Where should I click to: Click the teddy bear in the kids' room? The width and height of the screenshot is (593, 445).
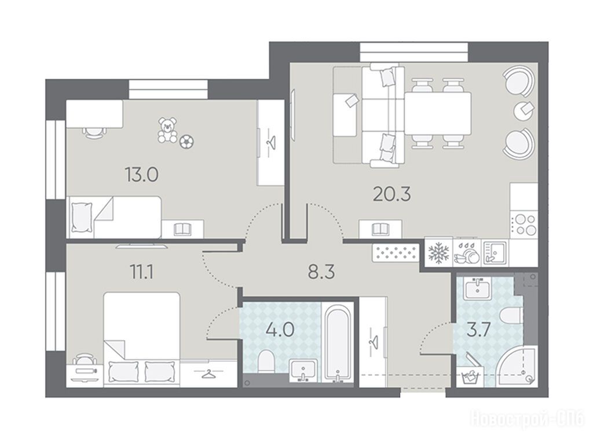click(167, 130)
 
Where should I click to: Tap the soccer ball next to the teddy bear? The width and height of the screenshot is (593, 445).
click(186, 141)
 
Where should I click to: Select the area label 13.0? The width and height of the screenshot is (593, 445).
click(142, 175)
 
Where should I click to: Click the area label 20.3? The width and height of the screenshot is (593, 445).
click(392, 194)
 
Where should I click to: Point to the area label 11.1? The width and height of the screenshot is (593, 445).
click(142, 272)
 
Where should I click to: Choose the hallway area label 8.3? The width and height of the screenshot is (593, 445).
click(321, 272)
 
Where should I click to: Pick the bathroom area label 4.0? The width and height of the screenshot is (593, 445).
click(280, 330)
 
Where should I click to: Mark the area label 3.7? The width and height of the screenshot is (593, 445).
click(479, 329)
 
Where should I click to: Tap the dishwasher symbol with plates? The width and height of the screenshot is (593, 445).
click(467, 253)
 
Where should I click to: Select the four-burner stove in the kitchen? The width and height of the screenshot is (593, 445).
click(524, 225)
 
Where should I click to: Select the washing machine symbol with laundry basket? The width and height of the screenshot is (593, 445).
click(470, 376)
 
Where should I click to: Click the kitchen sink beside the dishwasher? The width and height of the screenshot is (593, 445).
click(495, 252)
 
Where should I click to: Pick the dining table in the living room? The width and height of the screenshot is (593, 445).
click(438, 114)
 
